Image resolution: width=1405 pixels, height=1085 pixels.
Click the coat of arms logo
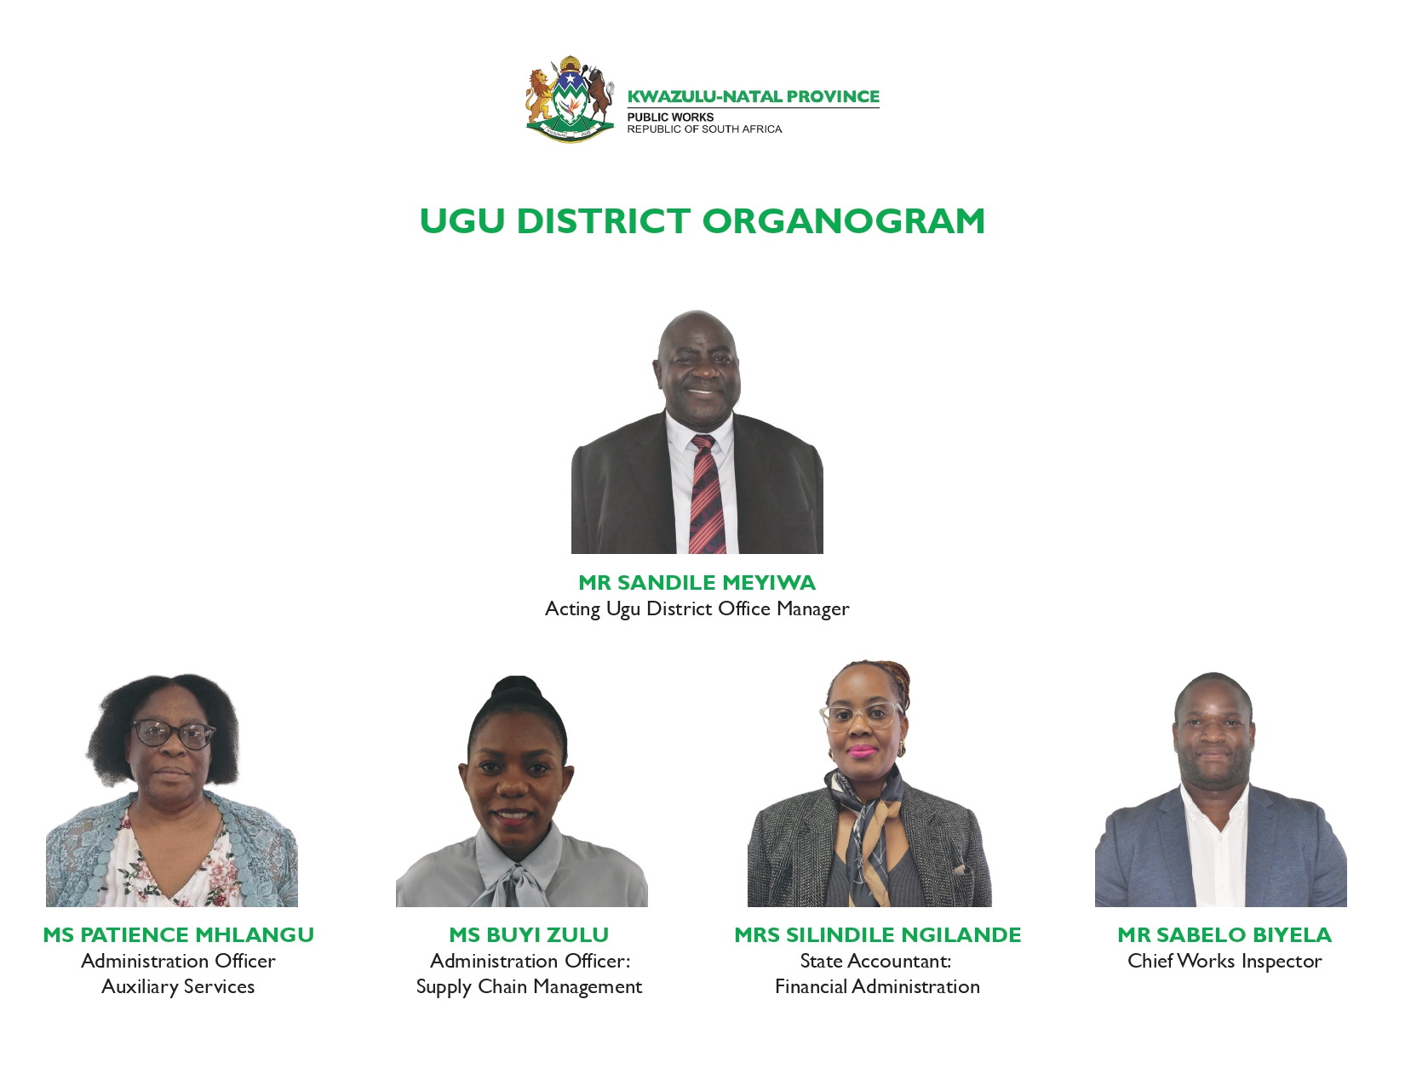(x=570, y=99)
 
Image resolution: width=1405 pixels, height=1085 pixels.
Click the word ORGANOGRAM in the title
(x=843, y=221)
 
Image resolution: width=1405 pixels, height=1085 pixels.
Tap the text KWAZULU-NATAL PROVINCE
(x=754, y=97)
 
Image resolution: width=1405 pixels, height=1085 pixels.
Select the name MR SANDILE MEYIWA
(x=697, y=582)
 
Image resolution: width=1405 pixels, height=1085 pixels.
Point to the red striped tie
(x=707, y=494)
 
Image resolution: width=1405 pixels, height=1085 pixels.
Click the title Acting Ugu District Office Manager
(x=697, y=608)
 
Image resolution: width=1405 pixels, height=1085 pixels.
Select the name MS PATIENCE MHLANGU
(x=179, y=934)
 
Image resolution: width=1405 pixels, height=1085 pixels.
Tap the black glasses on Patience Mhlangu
(x=173, y=734)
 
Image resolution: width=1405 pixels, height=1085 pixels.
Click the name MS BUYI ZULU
(x=529, y=934)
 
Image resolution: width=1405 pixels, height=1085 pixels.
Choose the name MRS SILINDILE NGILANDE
(x=877, y=934)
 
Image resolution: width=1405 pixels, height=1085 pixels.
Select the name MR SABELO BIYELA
(x=1224, y=934)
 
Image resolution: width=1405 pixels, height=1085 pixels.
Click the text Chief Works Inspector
(x=1224, y=962)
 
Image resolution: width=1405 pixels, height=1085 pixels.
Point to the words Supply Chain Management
(x=529, y=987)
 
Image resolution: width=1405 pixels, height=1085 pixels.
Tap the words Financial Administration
(x=877, y=987)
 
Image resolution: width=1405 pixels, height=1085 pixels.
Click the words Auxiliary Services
(x=179, y=987)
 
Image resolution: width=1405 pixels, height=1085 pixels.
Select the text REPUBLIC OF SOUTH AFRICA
(x=704, y=129)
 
